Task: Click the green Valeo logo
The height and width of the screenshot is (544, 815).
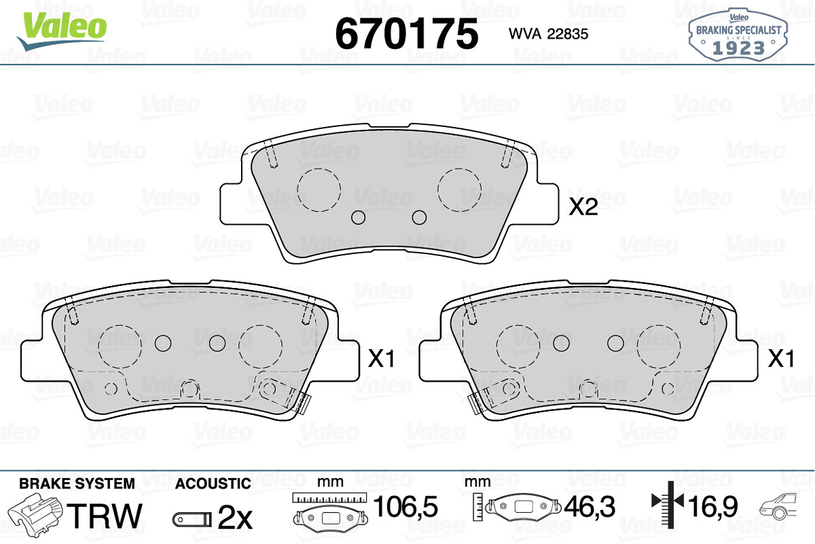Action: tap(62, 31)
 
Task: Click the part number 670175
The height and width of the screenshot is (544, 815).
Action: tap(406, 33)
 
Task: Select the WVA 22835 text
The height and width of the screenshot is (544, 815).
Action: tap(548, 34)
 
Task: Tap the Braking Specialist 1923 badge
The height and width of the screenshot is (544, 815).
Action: tap(738, 35)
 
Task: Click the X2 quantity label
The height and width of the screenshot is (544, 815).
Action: tap(583, 207)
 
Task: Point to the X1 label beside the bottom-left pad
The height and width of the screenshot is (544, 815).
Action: tap(381, 359)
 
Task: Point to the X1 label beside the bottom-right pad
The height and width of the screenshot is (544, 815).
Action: tap(781, 359)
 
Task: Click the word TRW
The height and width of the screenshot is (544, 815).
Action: tap(105, 515)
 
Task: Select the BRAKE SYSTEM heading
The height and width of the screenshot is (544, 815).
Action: tap(77, 484)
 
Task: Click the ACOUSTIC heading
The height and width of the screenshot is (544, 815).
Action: tap(213, 484)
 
